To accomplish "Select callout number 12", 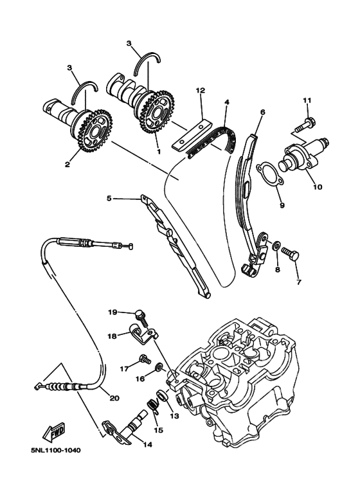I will pyautogui.click(x=201, y=91).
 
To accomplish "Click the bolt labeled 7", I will pyautogui.click(x=291, y=260).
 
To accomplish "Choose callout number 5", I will pyautogui.click(x=110, y=199).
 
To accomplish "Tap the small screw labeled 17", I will pyautogui.click(x=143, y=359).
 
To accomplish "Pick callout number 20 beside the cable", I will pyautogui.click(x=114, y=398).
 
